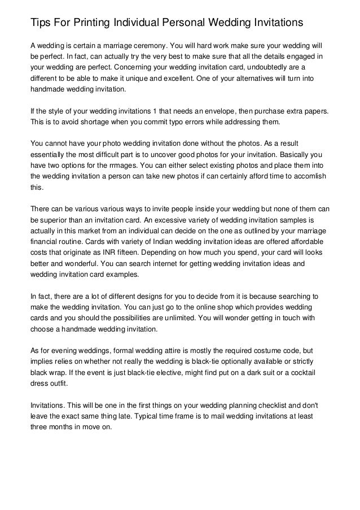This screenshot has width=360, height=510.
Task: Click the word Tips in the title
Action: point(40,23)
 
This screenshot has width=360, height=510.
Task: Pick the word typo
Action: point(180,123)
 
